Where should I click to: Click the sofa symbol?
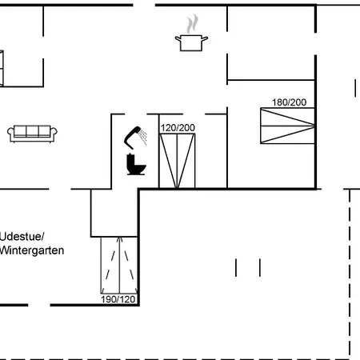pyautogui.click(x=32, y=133)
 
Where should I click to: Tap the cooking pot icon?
pyautogui.click(x=191, y=42)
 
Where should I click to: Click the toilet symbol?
pyautogui.click(x=136, y=165)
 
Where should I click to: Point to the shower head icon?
pyautogui.click(x=132, y=137)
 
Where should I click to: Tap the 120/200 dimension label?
pyautogui.click(x=178, y=127)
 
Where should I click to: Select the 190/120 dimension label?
pyautogui.click(x=118, y=299)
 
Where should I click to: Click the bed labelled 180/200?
pyautogui.click(x=287, y=126)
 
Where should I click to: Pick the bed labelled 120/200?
pyautogui.click(x=178, y=161)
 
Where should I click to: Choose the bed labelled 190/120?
pyautogui.click(x=118, y=265)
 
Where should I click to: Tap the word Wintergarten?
pyautogui.click(x=32, y=250)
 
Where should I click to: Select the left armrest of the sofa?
pyautogui.click(x=12, y=134)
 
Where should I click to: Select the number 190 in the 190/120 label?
pyautogui.click(x=109, y=299)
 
